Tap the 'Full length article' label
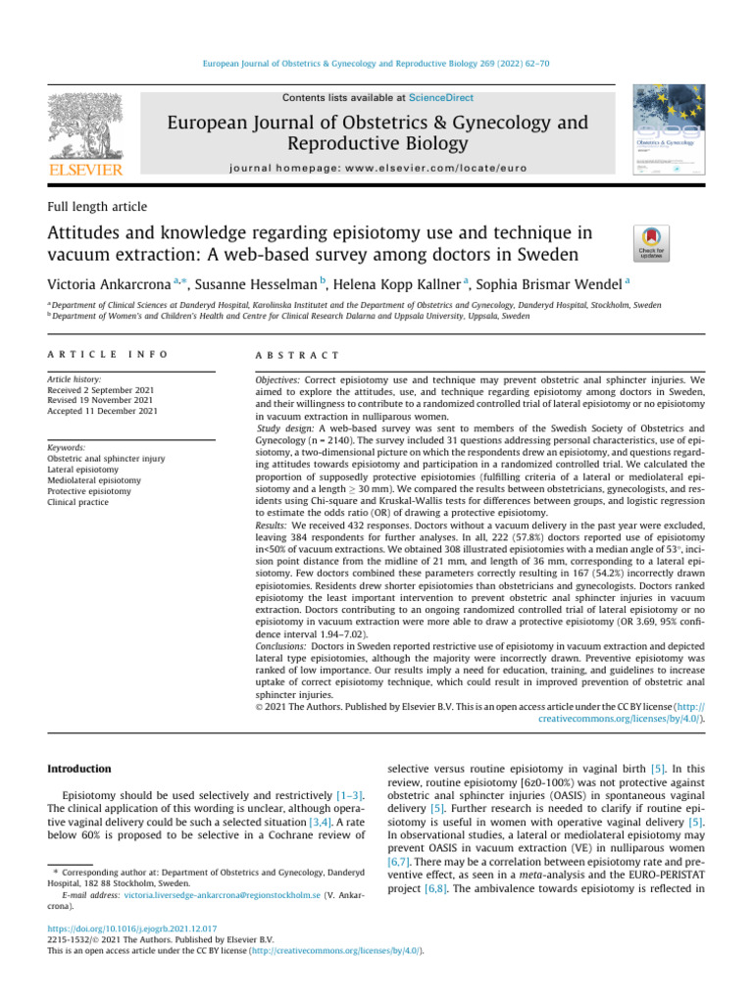coord(97,207)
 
